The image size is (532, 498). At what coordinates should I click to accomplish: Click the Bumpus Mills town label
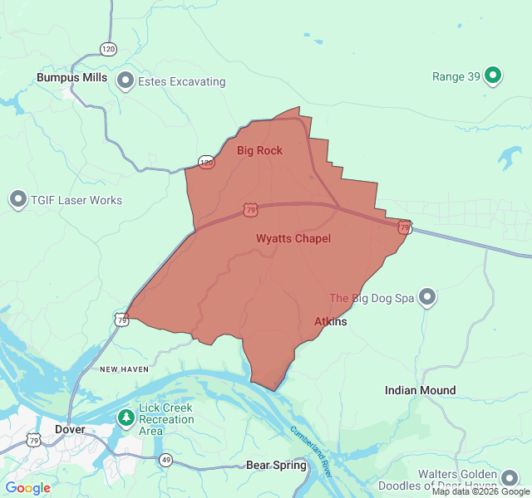tap(71, 77)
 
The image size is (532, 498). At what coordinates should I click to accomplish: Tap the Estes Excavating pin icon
tap(126, 81)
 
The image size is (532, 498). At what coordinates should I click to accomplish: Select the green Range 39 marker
tap(493, 76)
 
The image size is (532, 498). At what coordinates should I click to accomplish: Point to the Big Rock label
tap(259, 150)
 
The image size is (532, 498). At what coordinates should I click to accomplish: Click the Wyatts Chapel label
tap(293, 238)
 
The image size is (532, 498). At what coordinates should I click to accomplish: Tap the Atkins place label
tap(331, 321)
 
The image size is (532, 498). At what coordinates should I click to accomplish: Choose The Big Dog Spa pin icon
tap(427, 297)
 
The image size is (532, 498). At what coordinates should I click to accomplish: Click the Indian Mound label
tap(420, 390)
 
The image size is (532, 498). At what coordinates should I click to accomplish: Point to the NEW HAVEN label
tap(124, 369)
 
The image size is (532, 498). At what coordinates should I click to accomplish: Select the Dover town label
tap(70, 429)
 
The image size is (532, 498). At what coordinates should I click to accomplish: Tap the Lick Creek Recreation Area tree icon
tap(126, 417)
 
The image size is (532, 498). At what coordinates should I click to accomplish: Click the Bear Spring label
tap(276, 465)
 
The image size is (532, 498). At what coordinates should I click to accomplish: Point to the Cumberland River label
tap(310, 452)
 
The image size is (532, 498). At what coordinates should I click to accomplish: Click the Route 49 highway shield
tap(166, 460)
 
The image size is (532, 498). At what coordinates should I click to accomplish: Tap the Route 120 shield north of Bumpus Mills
tap(108, 49)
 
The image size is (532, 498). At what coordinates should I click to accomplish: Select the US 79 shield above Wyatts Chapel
tap(251, 211)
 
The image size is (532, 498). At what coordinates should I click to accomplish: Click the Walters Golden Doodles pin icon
tap(510, 477)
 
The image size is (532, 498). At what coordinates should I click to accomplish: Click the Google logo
tap(27, 488)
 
